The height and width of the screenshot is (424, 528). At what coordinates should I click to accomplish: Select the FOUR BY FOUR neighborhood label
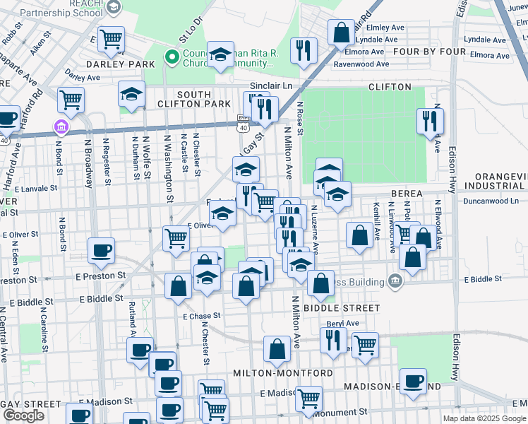pos(426,51)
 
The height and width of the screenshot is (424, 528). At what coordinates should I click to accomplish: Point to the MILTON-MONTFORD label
pos(283,372)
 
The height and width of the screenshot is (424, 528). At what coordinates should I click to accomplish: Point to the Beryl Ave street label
pos(342,323)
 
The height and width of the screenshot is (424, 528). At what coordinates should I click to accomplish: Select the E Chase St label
pos(202,316)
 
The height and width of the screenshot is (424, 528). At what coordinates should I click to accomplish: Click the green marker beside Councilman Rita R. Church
pos(170,57)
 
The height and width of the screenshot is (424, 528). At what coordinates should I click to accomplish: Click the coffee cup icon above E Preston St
pos(101,249)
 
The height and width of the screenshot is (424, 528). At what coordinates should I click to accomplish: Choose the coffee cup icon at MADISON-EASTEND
pos(413,380)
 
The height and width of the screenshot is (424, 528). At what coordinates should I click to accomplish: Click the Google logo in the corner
pos(23,416)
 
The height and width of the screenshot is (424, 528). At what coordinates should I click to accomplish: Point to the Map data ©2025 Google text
pos(484,418)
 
